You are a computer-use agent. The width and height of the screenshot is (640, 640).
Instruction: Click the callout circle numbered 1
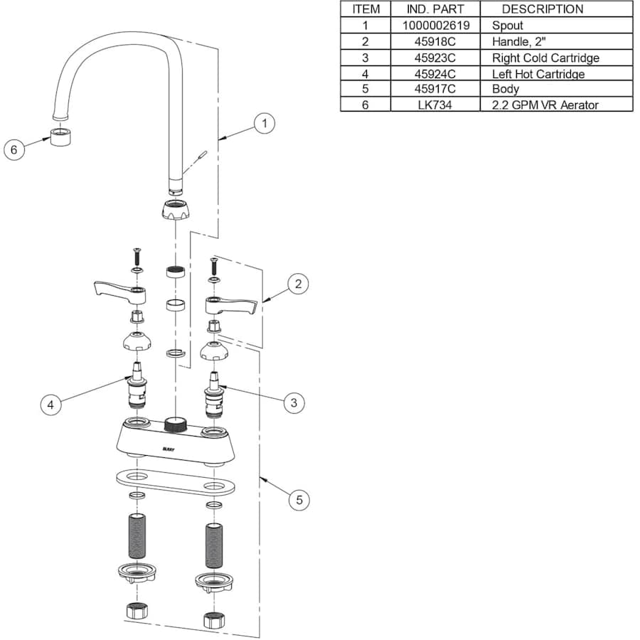click(x=264, y=123)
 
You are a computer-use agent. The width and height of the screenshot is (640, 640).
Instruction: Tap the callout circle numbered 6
click(x=14, y=149)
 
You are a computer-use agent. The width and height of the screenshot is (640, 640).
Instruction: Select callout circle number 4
click(x=50, y=405)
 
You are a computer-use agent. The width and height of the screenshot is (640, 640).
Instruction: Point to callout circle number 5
click(x=299, y=500)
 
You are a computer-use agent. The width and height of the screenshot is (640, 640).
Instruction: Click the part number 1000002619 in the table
click(x=435, y=26)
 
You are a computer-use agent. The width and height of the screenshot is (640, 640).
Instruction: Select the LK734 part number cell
click(x=435, y=105)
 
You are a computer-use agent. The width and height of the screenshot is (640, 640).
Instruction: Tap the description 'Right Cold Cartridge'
click(x=545, y=58)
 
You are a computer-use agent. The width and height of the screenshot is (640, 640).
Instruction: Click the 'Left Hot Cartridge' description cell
click(x=538, y=74)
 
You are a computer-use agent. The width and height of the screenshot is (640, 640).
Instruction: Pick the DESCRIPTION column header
click(x=543, y=9)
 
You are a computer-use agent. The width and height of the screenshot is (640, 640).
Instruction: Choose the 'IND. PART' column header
click(x=435, y=9)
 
